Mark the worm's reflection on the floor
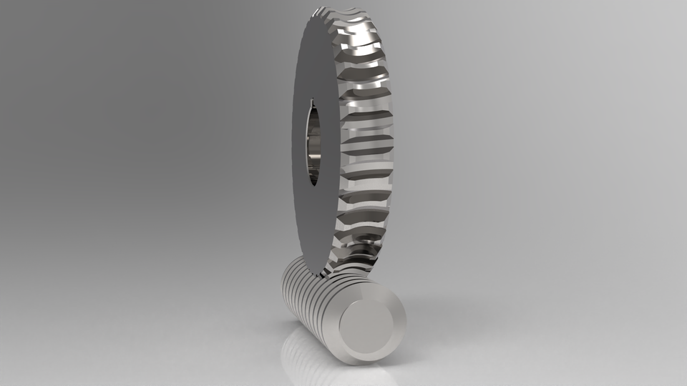322,365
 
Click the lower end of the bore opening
314,182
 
